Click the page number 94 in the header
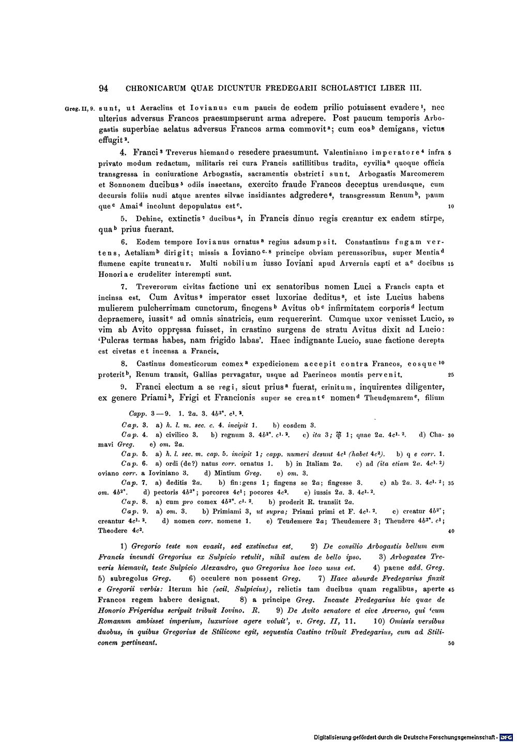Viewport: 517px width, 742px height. point(103,88)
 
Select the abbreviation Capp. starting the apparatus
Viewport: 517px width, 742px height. point(136,414)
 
